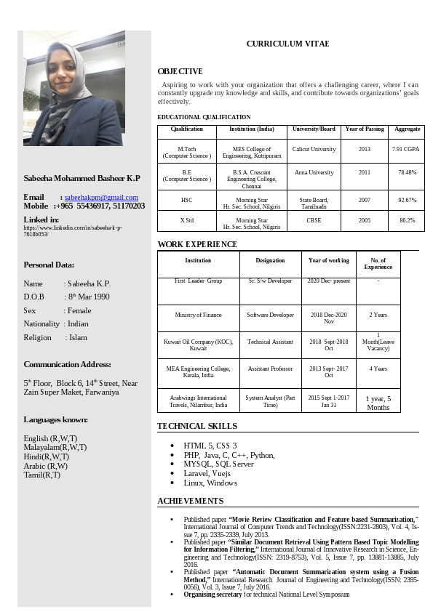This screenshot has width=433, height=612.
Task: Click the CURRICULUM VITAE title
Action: (x=287, y=44)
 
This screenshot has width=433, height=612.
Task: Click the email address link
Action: (x=101, y=197)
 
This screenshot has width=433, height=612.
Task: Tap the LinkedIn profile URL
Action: (x=73, y=231)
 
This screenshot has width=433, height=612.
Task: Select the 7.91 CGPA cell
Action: (x=405, y=149)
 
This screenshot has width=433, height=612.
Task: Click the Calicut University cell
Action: (x=314, y=149)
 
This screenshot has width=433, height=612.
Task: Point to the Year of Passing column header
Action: (x=365, y=129)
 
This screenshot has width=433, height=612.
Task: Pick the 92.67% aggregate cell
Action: (x=407, y=199)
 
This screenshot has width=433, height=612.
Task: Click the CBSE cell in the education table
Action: (x=314, y=220)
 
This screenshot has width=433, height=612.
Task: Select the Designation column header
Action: (x=270, y=260)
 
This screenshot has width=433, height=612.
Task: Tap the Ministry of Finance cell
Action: (x=198, y=315)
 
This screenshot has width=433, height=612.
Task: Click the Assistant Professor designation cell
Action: (x=270, y=369)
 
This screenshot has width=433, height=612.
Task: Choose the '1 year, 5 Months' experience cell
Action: (x=378, y=403)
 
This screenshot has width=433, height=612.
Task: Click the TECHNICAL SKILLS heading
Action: (x=196, y=426)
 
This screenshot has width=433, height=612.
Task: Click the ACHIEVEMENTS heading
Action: (x=191, y=501)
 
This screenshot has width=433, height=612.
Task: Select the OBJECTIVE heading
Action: (x=180, y=71)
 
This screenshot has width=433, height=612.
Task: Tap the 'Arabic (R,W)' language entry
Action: (x=46, y=466)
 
